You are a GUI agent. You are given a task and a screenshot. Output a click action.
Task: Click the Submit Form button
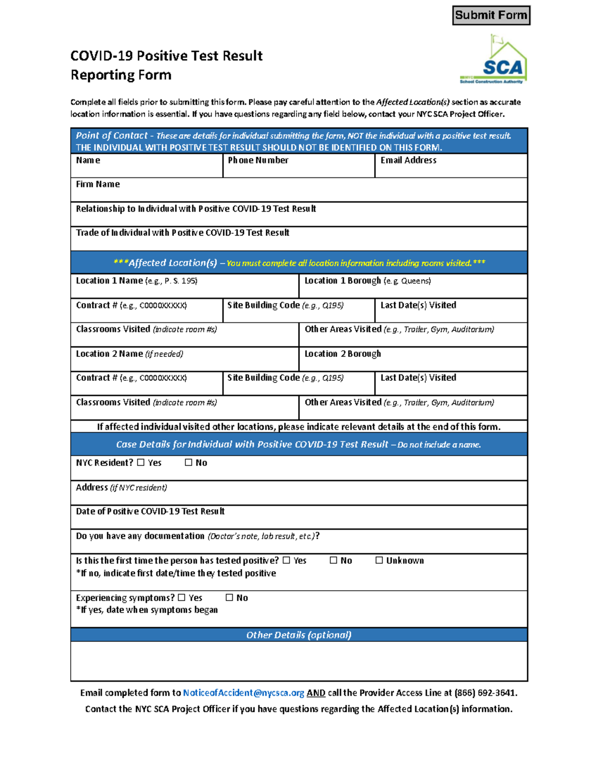tap(491, 15)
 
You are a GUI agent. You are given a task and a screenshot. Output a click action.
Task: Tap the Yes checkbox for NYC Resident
tap(141, 463)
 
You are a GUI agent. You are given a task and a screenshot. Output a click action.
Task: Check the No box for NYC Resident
tap(188, 463)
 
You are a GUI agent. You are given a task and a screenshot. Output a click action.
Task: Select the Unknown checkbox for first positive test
tap(379, 560)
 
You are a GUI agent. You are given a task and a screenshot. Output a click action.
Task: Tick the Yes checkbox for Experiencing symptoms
tap(181, 597)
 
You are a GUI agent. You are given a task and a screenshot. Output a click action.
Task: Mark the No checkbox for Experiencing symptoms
tap(229, 597)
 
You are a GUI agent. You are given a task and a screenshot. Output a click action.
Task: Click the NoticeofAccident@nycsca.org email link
tap(243, 693)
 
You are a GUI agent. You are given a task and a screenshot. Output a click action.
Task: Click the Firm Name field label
tap(98, 184)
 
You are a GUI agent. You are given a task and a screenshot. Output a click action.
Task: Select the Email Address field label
tap(408, 160)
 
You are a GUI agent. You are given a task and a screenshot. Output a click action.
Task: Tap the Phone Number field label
tap(258, 160)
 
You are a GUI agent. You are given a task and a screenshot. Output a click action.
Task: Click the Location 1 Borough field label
tap(342, 281)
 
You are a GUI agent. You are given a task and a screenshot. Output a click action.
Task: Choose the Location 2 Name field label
tap(109, 354)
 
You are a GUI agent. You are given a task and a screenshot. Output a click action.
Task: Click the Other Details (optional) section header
tap(299, 635)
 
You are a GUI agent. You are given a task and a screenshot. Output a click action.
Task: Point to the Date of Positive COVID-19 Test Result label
tap(150, 511)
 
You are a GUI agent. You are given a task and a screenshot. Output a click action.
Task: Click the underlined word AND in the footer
tap(316, 693)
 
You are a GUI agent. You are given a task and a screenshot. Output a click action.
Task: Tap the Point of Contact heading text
tap(112, 136)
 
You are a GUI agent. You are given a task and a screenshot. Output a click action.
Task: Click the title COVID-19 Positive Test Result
tap(166, 56)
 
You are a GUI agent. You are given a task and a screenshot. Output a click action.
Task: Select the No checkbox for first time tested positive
tap(333, 560)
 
